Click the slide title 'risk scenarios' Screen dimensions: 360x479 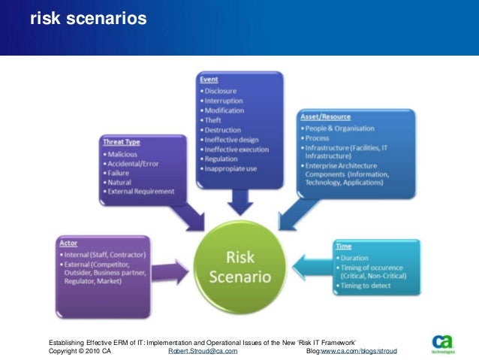point(88,19)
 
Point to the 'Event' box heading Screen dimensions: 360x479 point(209,79)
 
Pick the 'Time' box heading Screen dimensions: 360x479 point(344,246)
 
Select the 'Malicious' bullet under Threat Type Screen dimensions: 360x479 point(125,153)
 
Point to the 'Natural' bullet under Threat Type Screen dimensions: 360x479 point(123,181)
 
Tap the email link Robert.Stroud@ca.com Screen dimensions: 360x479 point(204,351)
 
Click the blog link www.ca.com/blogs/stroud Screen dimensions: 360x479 point(359,351)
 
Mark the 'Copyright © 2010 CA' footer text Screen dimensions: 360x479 point(80,351)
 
